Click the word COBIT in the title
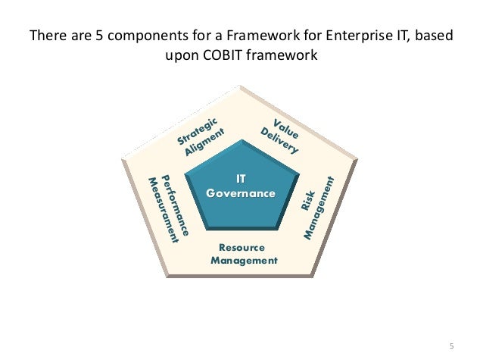(225, 56)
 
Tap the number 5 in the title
(85, 36)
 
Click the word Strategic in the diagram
(198, 130)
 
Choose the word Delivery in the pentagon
(279, 141)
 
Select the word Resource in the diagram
(241, 247)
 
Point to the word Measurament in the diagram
(164, 210)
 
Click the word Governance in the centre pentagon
(241, 193)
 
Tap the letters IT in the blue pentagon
(241, 180)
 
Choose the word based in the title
(436, 36)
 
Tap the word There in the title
(45, 36)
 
